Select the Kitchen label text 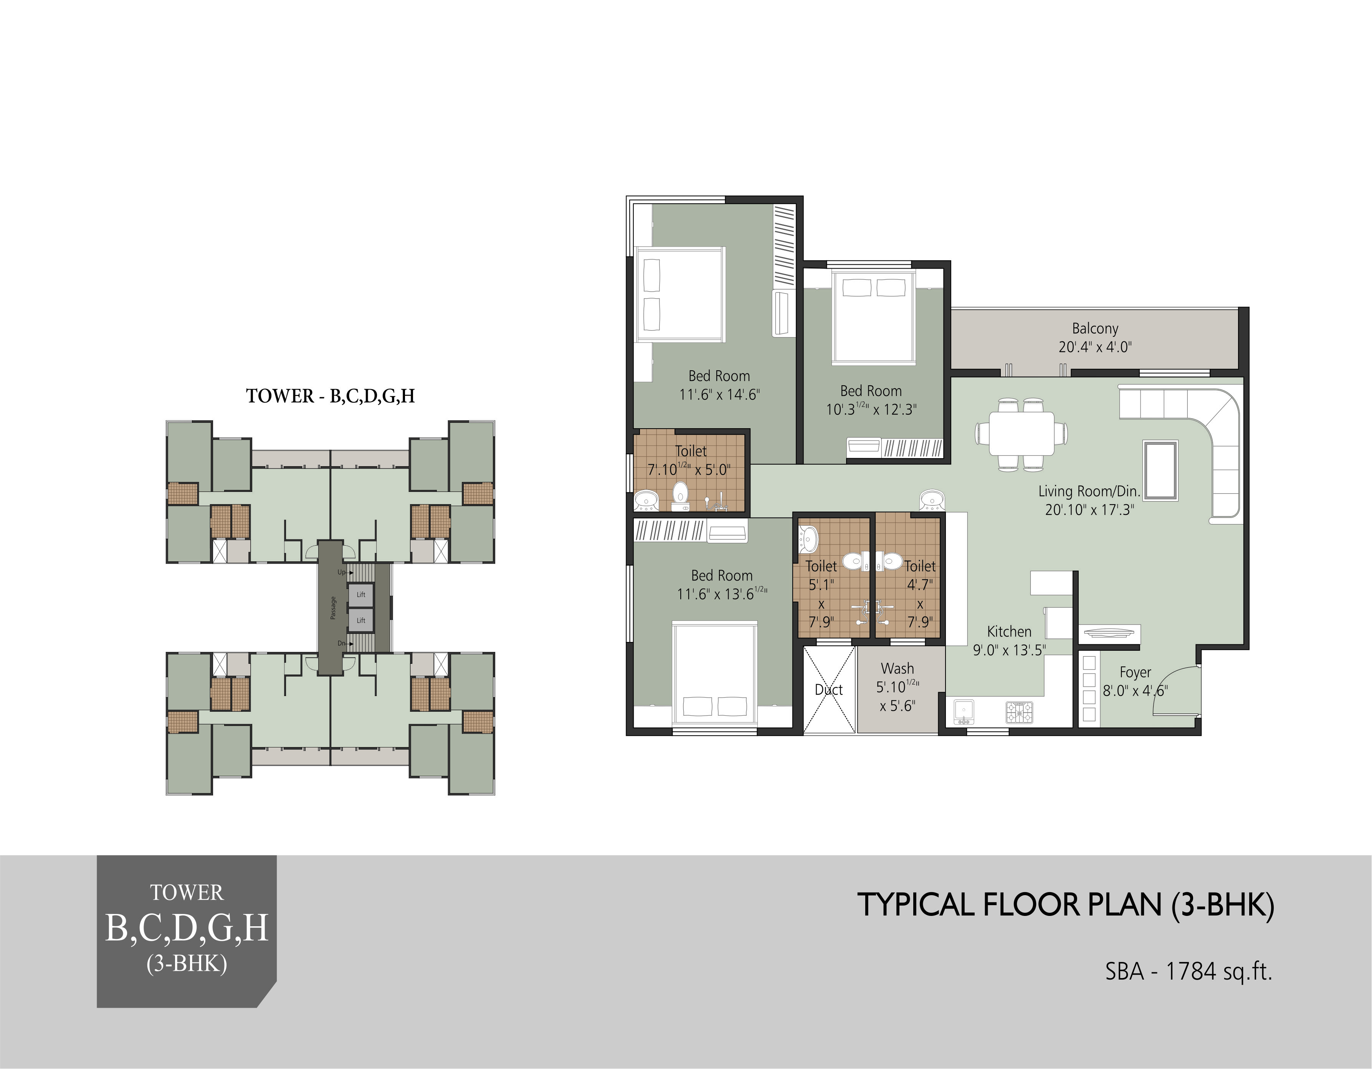[1009, 631]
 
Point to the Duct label [828, 690]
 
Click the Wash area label [897, 668]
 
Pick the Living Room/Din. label [1089, 491]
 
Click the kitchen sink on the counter [964, 712]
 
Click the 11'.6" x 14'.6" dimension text [719, 394]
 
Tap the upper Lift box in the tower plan [361, 594]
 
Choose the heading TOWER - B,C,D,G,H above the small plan [331, 396]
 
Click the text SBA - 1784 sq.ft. [1189, 972]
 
